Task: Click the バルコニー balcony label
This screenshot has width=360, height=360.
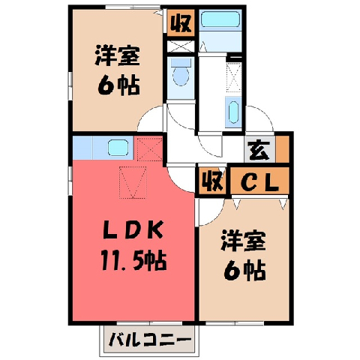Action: (x=151, y=340)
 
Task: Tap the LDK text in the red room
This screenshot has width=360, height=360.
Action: (x=133, y=229)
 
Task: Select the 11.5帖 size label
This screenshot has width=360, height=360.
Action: (x=133, y=261)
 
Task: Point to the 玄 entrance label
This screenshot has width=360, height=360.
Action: (x=259, y=149)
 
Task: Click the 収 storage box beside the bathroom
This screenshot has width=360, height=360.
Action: (x=181, y=23)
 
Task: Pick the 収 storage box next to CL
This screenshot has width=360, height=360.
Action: (x=212, y=181)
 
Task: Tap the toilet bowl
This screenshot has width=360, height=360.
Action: (x=181, y=76)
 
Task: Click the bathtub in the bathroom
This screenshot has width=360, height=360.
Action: (x=220, y=19)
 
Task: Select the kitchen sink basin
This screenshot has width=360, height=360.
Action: (x=118, y=148)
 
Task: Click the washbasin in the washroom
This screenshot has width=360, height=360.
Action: (x=233, y=112)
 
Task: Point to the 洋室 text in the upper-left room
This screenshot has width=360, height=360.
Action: (x=117, y=55)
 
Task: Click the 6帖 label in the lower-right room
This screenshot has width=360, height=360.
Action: (x=244, y=271)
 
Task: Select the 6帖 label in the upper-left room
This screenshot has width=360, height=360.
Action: (x=118, y=85)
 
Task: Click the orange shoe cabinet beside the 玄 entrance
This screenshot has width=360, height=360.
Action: (x=282, y=149)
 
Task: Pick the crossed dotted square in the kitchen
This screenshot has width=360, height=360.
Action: (x=150, y=148)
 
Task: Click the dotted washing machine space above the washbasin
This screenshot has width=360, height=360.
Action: (x=234, y=77)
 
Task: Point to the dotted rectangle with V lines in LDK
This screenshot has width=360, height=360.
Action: (x=133, y=182)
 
